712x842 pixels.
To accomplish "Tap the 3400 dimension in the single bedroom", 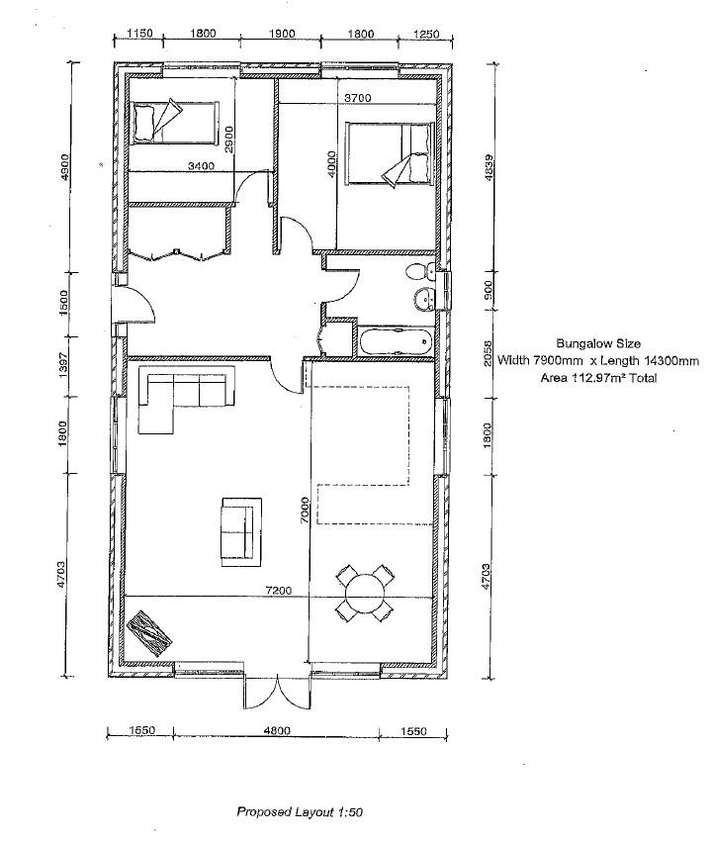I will tap(201, 166).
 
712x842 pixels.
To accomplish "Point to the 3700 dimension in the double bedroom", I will tap(357, 98).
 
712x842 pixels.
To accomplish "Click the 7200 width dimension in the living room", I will tap(278, 591).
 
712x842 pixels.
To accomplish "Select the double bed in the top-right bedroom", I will tap(391, 154).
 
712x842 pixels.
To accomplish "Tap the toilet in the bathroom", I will tap(419, 271).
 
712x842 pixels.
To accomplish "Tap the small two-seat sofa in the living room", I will tap(241, 527).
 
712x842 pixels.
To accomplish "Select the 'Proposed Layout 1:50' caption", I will tap(300, 811).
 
